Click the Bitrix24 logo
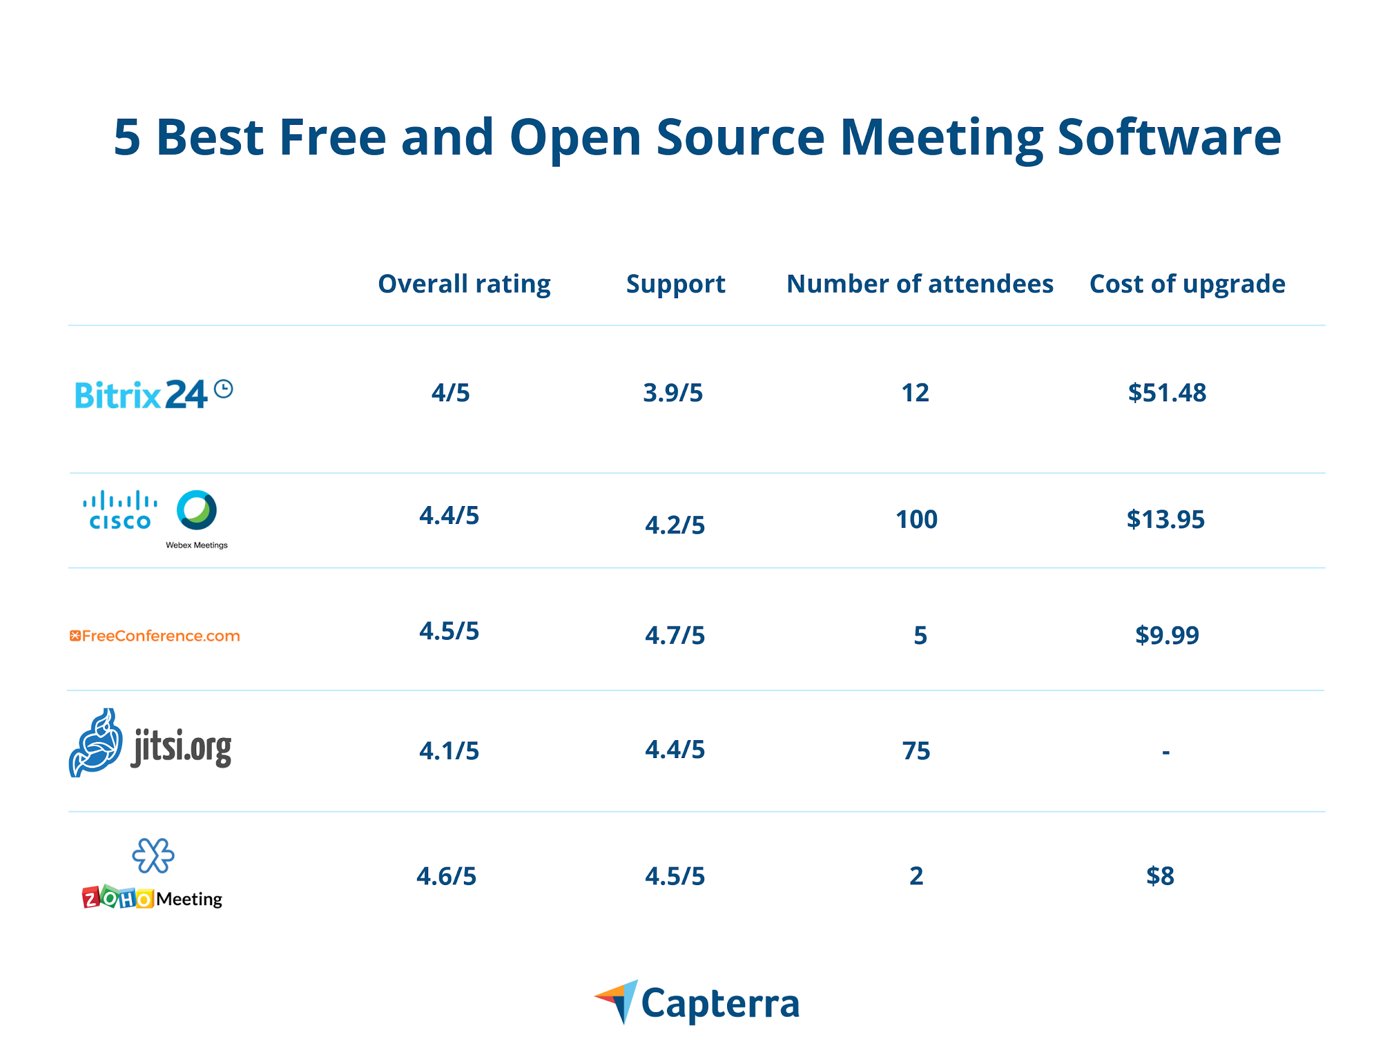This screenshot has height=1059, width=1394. [153, 394]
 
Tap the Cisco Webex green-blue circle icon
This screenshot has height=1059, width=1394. [196, 510]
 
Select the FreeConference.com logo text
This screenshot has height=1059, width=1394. [155, 635]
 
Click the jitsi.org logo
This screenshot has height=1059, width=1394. [150, 744]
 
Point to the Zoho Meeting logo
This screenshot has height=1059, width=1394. [152, 876]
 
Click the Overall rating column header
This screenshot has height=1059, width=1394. [464, 284]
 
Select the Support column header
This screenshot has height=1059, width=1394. [675, 284]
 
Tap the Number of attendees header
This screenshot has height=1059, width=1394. [919, 284]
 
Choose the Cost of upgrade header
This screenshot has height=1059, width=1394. [1187, 284]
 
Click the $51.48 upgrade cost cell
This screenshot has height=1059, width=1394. [1166, 393]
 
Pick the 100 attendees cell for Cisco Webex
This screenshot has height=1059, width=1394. [916, 519]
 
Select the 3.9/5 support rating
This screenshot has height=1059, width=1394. [672, 393]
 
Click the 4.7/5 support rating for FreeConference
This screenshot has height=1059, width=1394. [675, 635]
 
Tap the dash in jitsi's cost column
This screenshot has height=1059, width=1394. [1165, 751]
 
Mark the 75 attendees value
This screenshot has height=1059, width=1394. [916, 751]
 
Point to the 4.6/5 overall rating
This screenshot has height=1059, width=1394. [447, 876]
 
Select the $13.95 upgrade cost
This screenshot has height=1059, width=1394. [1165, 519]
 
